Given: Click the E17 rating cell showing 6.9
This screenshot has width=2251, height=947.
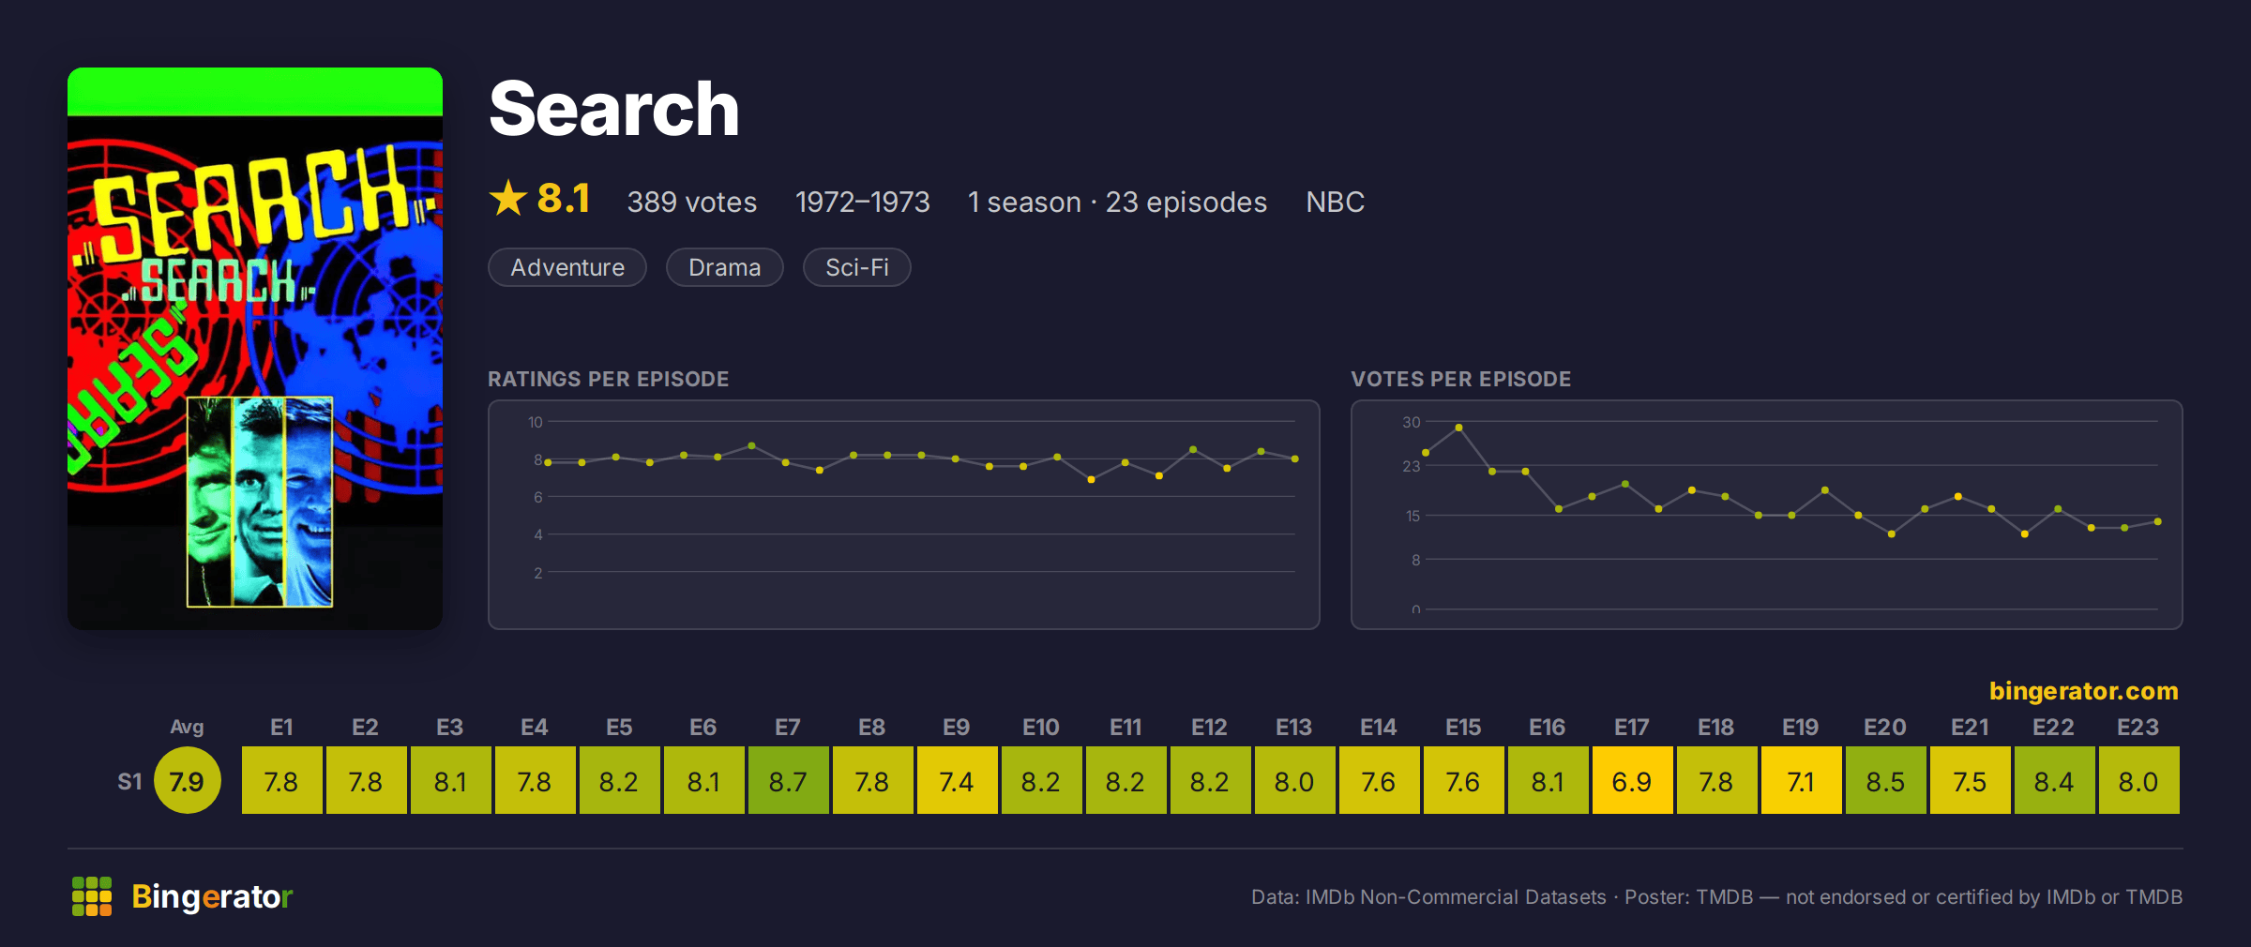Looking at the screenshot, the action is [x=1632, y=780].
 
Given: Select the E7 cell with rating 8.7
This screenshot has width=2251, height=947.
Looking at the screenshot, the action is [x=788, y=780].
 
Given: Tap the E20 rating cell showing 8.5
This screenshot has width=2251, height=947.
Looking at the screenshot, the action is [x=1885, y=780].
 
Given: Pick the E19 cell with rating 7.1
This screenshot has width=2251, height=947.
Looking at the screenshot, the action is [x=1801, y=780].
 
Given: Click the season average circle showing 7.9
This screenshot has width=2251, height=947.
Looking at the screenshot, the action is [x=187, y=780].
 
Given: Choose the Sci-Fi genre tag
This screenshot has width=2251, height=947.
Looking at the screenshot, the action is [x=857, y=267].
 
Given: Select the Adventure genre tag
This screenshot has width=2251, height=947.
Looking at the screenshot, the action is [x=567, y=267].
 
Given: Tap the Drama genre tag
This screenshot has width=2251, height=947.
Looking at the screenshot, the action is [x=725, y=267].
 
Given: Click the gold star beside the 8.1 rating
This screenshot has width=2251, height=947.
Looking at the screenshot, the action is [x=508, y=198].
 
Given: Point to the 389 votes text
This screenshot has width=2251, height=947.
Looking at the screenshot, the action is [x=692, y=202].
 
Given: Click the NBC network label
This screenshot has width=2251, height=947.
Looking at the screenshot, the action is [x=1336, y=202].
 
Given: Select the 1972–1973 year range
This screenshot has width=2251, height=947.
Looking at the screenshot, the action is [x=863, y=202].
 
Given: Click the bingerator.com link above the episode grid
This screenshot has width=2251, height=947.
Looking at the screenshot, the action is [x=2084, y=691].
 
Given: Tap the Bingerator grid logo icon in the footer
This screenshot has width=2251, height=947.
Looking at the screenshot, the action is [x=92, y=896].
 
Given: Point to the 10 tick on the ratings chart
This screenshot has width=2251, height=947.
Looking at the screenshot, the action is [x=536, y=422].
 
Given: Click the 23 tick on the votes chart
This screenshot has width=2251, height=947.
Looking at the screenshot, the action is [x=1412, y=466].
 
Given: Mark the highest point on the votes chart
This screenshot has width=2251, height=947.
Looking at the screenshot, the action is [x=1458, y=428].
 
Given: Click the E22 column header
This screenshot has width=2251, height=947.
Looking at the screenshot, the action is [x=2053, y=727].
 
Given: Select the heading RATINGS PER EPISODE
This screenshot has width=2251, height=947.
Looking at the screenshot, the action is [x=609, y=379].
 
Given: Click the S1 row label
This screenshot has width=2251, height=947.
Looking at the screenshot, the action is [x=129, y=781].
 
